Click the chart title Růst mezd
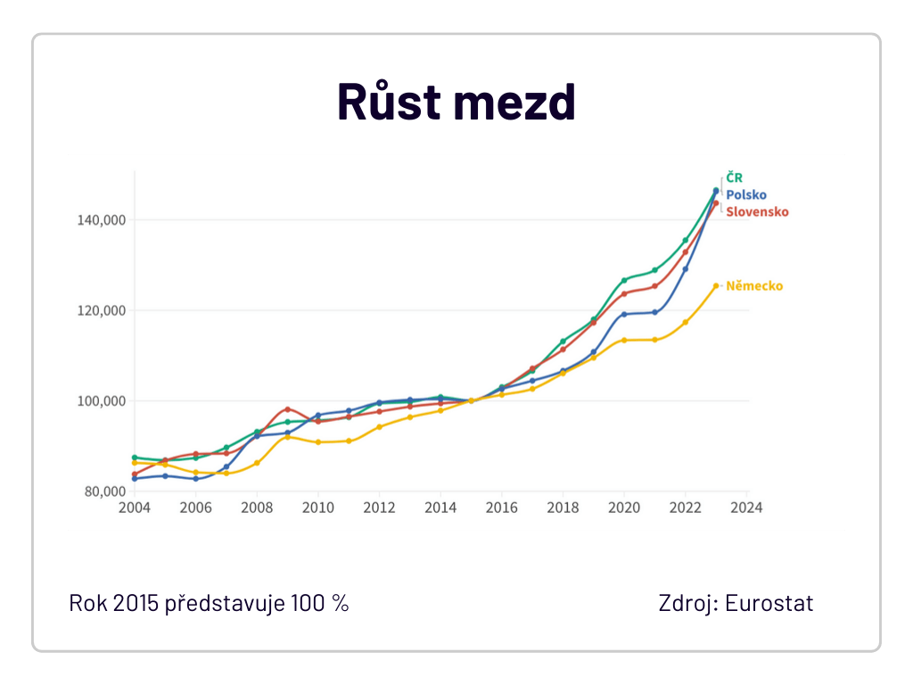pyautogui.click(x=456, y=102)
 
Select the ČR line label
pyautogui.click(x=735, y=177)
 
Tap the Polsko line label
pyautogui.click(x=746, y=194)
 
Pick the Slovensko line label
pyautogui.click(x=758, y=211)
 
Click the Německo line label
pyautogui.click(x=754, y=286)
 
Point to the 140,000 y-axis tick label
pyautogui.click(x=102, y=220)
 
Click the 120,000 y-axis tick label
pyautogui.click(x=102, y=310)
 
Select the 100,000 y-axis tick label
pyautogui.click(x=102, y=401)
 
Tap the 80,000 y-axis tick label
pyautogui.click(x=105, y=491)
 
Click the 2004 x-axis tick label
pyautogui.click(x=135, y=508)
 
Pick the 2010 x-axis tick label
pyautogui.click(x=318, y=508)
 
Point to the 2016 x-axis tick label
pyautogui.click(x=502, y=508)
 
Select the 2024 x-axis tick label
pyautogui.click(x=746, y=508)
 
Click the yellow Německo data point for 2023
pyautogui.click(x=716, y=286)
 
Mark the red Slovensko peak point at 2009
pyautogui.click(x=288, y=409)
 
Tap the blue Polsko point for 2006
pyautogui.click(x=195, y=479)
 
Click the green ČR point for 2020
pyautogui.click(x=624, y=280)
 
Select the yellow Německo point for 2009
pyautogui.click(x=288, y=437)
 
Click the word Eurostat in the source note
pyautogui.click(x=769, y=604)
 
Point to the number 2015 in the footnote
pyautogui.click(x=136, y=604)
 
